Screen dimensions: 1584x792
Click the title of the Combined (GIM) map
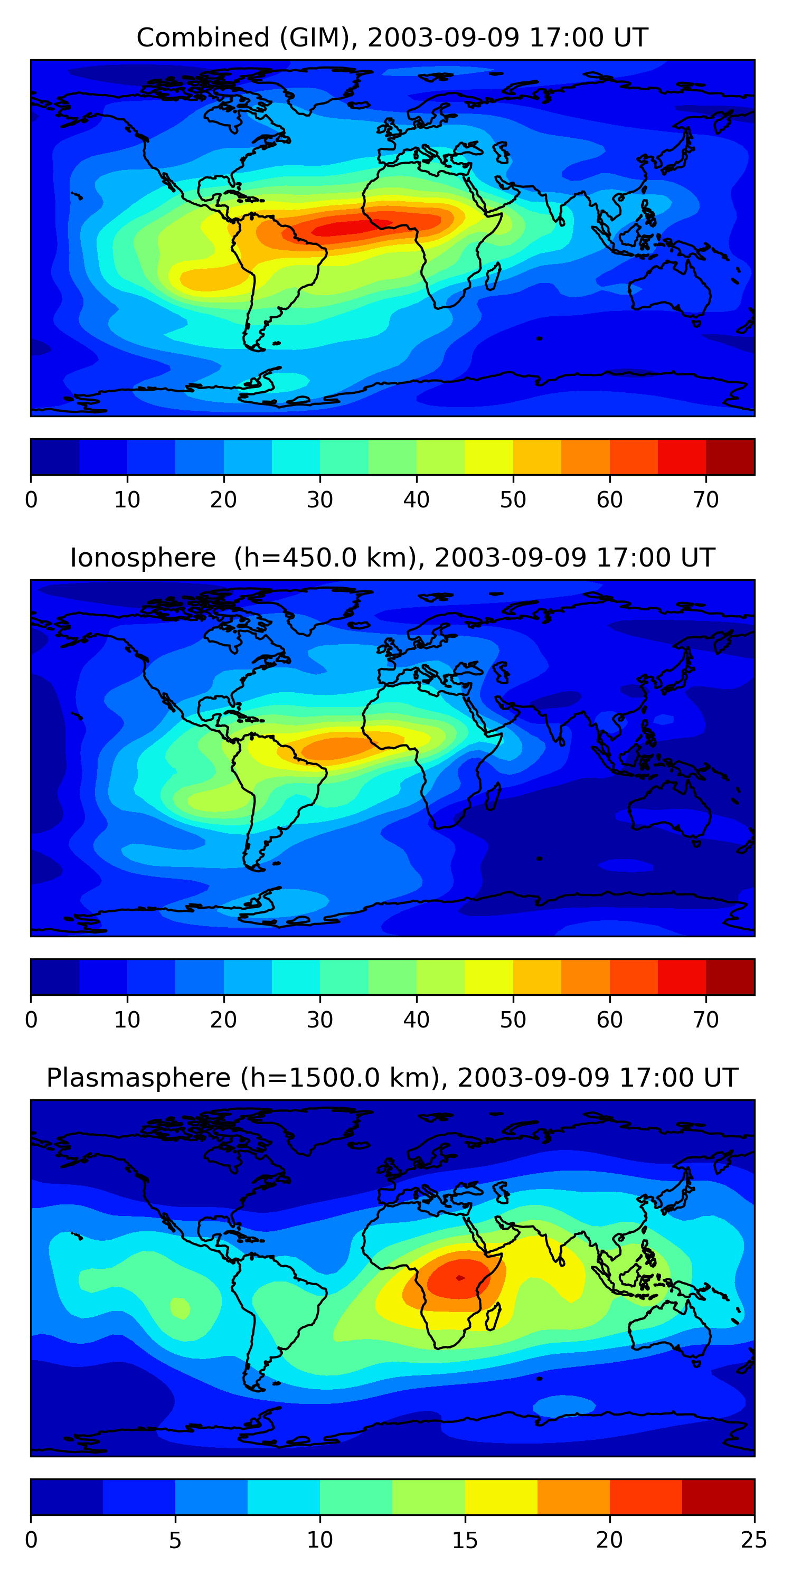pyautogui.click(x=392, y=37)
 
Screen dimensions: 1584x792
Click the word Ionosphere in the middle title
pyautogui.click(x=143, y=558)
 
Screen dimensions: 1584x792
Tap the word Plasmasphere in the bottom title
pyautogui.click(x=138, y=1078)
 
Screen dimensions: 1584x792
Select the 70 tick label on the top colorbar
pyautogui.click(x=705, y=500)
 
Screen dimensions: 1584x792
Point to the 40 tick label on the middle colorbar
pyautogui.click(x=416, y=1020)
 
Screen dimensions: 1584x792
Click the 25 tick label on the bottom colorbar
pyautogui.click(x=754, y=1540)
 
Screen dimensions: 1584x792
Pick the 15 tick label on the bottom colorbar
pyautogui.click(x=464, y=1540)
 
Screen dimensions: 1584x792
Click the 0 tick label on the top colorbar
pyautogui.click(x=31, y=500)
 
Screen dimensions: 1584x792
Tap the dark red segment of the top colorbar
pyautogui.click(x=730, y=457)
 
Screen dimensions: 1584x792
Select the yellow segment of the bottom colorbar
pyautogui.click(x=501, y=1497)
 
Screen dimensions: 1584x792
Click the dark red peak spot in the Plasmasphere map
pyautogui.click(x=460, y=1278)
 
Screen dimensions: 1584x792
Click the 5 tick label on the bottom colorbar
pyautogui.click(x=175, y=1540)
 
